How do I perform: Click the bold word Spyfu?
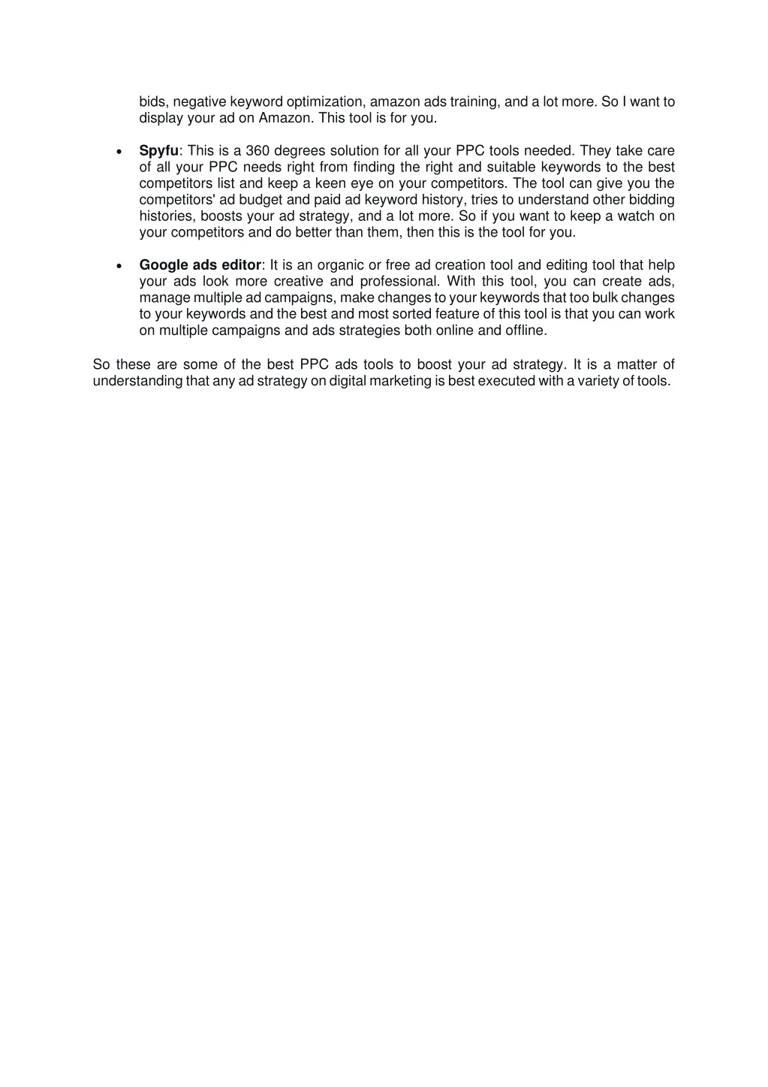coord(159,151)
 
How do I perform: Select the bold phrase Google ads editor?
coord(200,265)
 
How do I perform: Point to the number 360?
coord(258,151)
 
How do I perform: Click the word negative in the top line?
coord(197,102)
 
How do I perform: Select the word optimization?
coord(326,102)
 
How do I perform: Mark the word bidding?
coord(652,200)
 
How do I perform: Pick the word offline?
coord(526,331)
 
